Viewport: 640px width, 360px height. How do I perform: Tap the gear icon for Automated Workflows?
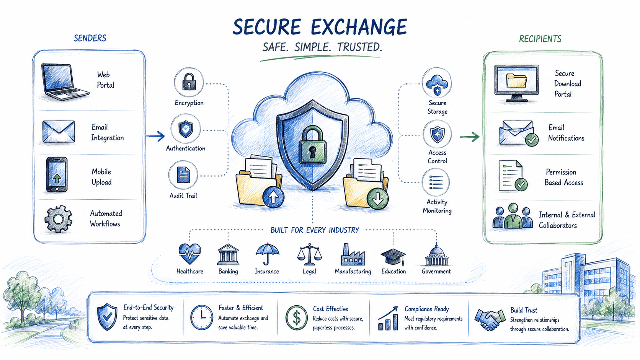[x=58, y=219]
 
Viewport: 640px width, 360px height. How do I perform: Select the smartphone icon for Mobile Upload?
[x=57, y=174]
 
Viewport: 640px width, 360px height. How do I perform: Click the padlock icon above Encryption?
[x=189, y=82]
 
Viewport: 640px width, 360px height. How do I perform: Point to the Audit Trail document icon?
[x=183, y=175]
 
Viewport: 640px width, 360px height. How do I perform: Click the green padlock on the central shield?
[x=312, y=145]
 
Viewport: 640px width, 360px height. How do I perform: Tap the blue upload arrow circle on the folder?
[x=273, y=197]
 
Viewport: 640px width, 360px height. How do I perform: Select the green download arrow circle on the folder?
[x=378, y=199]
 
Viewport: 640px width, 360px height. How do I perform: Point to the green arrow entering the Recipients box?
[x=470, y=137]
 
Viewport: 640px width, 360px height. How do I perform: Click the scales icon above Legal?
[x=309, y=254]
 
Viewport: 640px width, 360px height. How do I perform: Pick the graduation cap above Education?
[x=393, y=256]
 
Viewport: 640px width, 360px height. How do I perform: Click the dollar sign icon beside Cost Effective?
[x=296, y=318]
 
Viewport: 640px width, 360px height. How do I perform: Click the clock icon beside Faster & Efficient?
[x=202, y=318]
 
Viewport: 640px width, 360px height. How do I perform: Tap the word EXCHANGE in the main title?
[x=359, y=27]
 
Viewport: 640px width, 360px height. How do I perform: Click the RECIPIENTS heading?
[x=540, y=39]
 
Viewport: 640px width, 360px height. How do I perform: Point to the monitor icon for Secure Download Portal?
[x=517, y=83]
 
